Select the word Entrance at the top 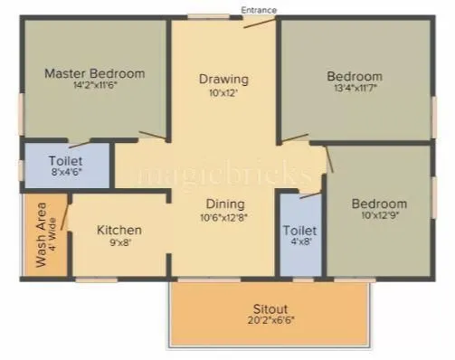(260, 9)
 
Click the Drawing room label (223, 79)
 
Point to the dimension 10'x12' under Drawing (223, 93)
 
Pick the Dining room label (223, 204)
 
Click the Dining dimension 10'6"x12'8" (223, 217)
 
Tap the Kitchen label (119, 231)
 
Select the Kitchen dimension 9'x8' (119, 244)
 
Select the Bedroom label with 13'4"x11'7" (355, 76)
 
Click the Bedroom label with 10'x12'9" (379, 204)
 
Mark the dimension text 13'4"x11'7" (355, 90)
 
